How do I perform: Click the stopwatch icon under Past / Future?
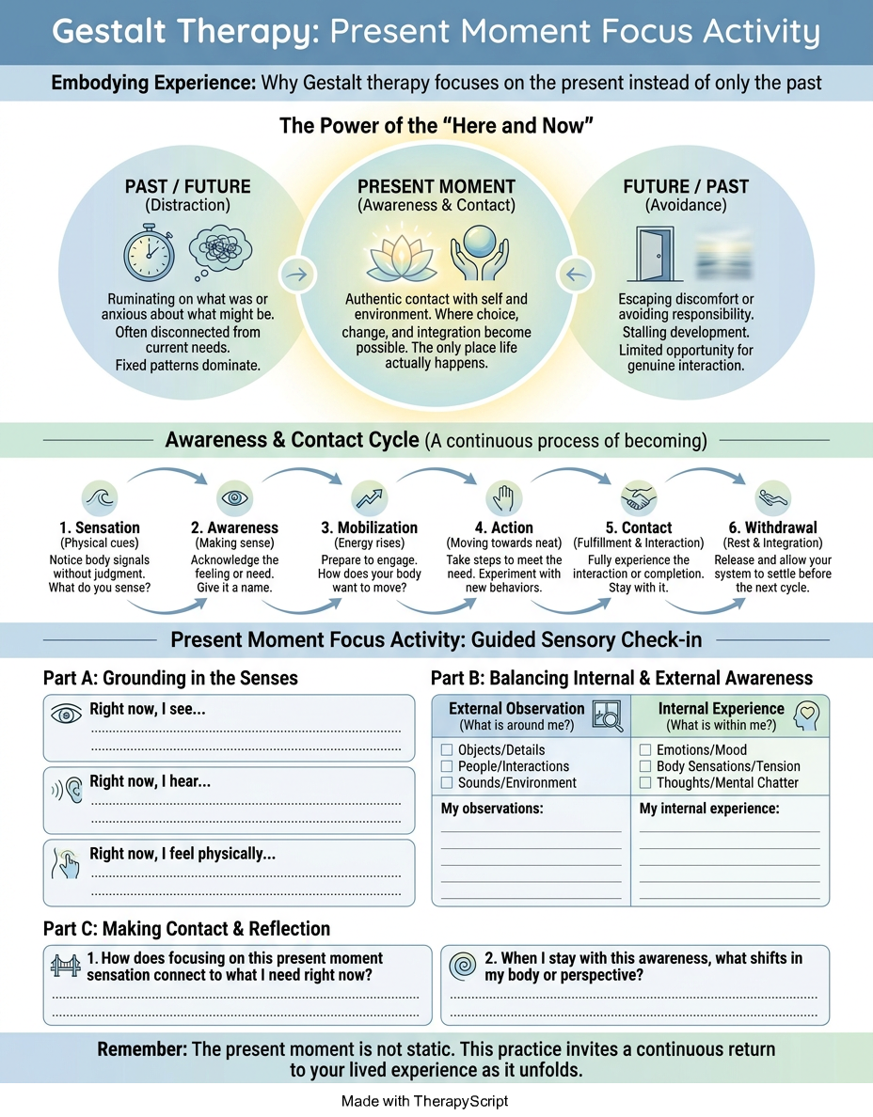pyautogui.click(x=149, y=253)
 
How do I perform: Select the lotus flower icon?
pyautogui.click(x=402, y=257)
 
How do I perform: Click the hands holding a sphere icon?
pyautogui.click(x=480, y=253)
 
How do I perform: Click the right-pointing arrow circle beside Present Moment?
pyautogui.click(x=297, y=275)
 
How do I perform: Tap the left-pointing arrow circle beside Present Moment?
pyautogui.click(x=576, y=275)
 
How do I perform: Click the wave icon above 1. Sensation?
pyautogui.click(x=99, y=497)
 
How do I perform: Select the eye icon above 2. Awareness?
pyautogui.click(x=234, y=497)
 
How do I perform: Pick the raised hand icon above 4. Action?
pyautogui.click(x=504, y=497)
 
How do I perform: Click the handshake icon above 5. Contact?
pyautogui.click(x=639, y=497)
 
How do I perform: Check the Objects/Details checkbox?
pyautogui.click(x=447, y=749)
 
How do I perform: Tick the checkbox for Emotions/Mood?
pyautogui.click(x=645, y=749)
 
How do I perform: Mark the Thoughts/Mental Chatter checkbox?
pyautogui.click(x=645, y=782)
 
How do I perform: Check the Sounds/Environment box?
pyautogui.click(x=447, y=782)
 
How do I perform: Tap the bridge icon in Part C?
pyautogui.click(x=66, y=966)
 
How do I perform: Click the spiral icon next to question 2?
pyautogui.click(x=463, y=966)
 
